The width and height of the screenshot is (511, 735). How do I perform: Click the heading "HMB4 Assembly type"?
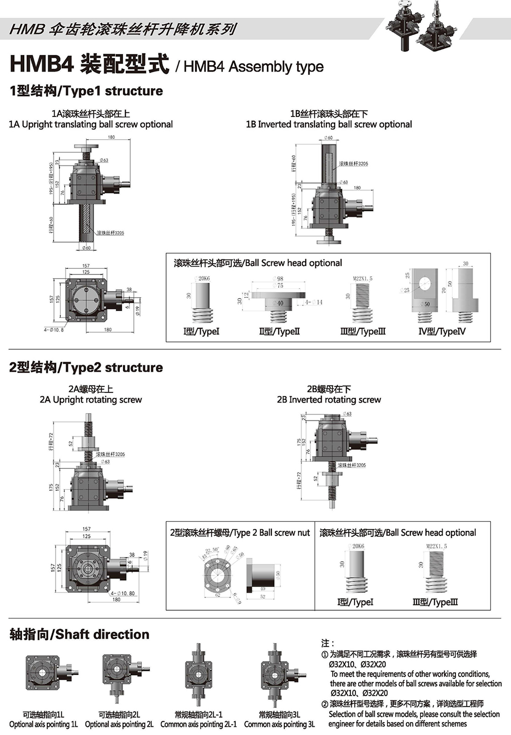pos(254,67)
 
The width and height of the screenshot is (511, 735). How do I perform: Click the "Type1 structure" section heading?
pos(86,91)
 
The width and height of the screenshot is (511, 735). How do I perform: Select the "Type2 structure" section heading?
pos(86,368)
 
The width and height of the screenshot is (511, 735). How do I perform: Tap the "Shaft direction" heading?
pos(79,634)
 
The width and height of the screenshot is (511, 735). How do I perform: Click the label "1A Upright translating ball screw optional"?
pos(91,124)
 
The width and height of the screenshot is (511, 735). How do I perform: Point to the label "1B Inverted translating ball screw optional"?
pos(329,124)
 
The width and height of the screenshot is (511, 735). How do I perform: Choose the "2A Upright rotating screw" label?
pos(91,400)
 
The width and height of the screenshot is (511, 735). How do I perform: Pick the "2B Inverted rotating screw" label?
pos(329,400)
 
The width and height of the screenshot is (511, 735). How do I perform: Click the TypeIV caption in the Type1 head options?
pos(442,332)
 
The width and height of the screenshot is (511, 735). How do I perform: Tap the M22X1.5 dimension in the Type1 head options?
pos(362,279)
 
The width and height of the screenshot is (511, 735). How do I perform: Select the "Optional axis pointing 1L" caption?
pos(44,724)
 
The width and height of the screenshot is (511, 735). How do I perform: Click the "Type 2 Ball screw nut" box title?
pos(240,533)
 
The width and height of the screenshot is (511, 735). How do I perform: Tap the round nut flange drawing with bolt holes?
pos(217,575)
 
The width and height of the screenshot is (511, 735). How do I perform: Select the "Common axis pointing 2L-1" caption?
pos(198,724)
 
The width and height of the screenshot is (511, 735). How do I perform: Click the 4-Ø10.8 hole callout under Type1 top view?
pos(54,330)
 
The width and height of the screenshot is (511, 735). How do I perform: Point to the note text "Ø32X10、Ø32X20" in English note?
pos(359,693)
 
